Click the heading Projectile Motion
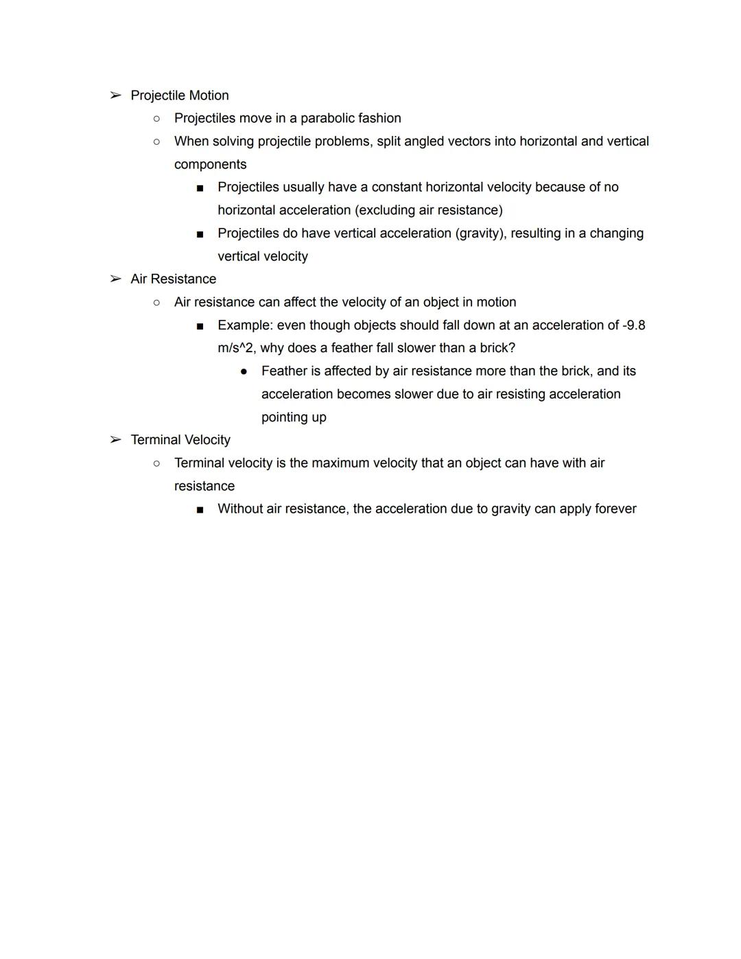point(180,95)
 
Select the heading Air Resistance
point(174,279)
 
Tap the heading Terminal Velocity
point(180,439)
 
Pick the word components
point(210,165)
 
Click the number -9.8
point(633,325)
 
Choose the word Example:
point(245,325)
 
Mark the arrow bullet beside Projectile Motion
point(115,95)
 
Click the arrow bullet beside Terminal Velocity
point(115,439)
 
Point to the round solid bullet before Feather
point(244,371)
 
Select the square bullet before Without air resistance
point(200,509)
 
